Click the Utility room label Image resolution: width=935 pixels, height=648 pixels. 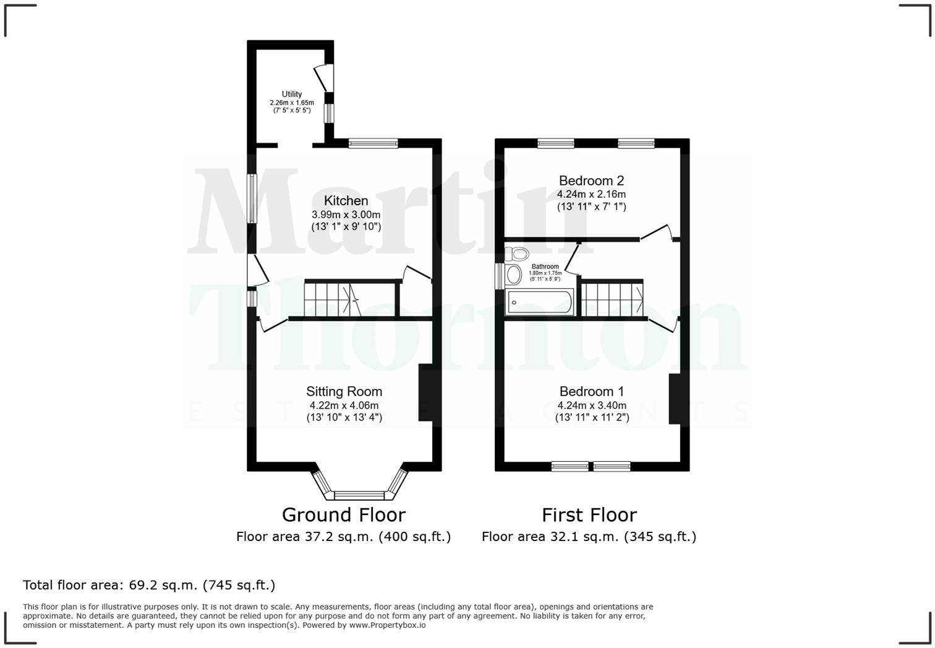292,94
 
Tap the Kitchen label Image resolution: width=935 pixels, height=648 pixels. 346,200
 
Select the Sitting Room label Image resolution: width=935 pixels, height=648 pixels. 344,391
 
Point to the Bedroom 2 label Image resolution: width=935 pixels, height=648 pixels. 591,181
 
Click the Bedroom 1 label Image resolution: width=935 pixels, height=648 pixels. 591,391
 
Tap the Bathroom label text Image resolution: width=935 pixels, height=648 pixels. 545,266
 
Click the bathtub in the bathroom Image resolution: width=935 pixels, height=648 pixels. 539,302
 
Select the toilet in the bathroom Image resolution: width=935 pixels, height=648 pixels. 518,254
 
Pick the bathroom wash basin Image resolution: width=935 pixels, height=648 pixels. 513,275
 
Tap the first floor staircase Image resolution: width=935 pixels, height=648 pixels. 612,299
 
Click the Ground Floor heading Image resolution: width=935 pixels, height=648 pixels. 343,514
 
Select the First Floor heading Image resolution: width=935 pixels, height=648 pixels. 589,514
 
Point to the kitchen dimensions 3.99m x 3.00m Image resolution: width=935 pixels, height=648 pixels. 346,215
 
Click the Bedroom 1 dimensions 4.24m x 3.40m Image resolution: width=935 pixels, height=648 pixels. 592,406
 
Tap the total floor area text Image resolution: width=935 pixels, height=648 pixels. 149,585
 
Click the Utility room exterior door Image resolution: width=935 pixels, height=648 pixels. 324,78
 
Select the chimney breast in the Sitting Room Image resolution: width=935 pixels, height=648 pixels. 425,393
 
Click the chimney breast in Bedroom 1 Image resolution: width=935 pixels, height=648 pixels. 675,399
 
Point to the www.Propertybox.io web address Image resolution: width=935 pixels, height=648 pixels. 387,625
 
